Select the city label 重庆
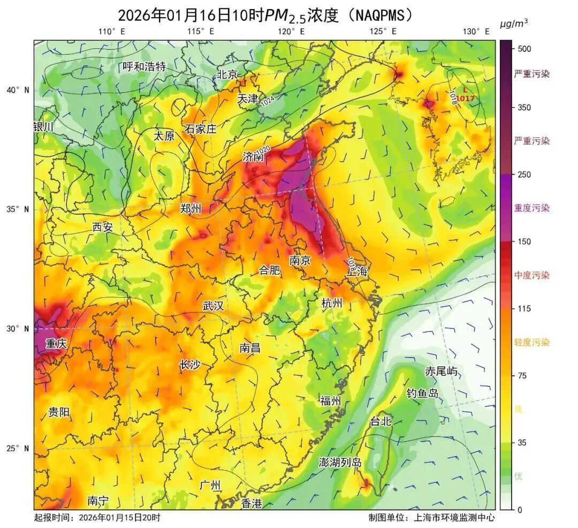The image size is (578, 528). pos(56,344)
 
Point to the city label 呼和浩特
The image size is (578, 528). pos(144,67)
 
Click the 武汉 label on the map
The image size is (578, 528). pos(213,306)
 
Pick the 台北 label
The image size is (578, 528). pos(381,421)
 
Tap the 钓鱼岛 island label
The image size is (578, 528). pos(422,394)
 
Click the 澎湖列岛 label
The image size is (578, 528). pos(340,462)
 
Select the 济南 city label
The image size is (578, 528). pos(253,157)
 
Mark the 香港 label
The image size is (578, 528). pos(252,503)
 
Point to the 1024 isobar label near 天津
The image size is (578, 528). pos(268,101)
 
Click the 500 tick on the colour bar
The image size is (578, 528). pos(524,49)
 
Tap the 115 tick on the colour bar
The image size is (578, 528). pos(524,308)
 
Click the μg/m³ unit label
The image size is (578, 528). pos(514,23)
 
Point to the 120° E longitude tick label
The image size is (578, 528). pos(291,32)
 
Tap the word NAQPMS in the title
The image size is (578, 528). pos(380,15)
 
